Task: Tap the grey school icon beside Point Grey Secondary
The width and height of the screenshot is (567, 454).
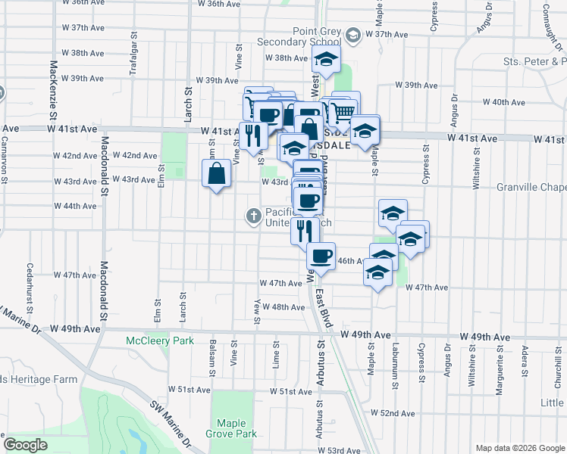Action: (x=352, y=36)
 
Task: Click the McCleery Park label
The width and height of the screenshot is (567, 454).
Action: (x=151, y=341)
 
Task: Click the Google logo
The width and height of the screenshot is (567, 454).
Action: (x=26, y=446)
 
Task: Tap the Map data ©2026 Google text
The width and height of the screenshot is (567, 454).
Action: (x=519, y=448)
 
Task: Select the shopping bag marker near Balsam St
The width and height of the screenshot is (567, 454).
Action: (x=217, y=173)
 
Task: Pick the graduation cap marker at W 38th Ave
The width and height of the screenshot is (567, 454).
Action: (x=325, y=60)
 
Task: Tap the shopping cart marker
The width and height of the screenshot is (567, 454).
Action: (x=343, y=111)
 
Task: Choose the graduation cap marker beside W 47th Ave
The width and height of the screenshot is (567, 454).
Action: (x=377, y=273)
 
